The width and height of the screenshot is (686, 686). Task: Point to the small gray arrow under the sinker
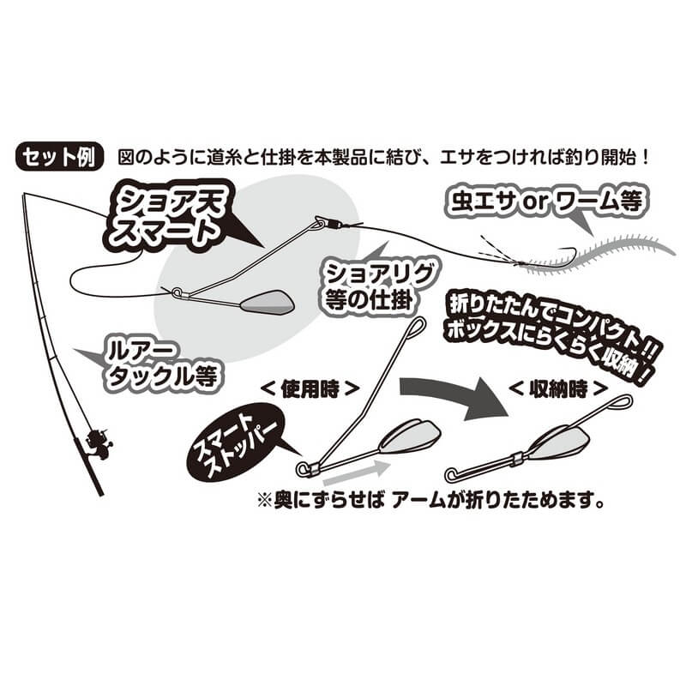tap(354, 471)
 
